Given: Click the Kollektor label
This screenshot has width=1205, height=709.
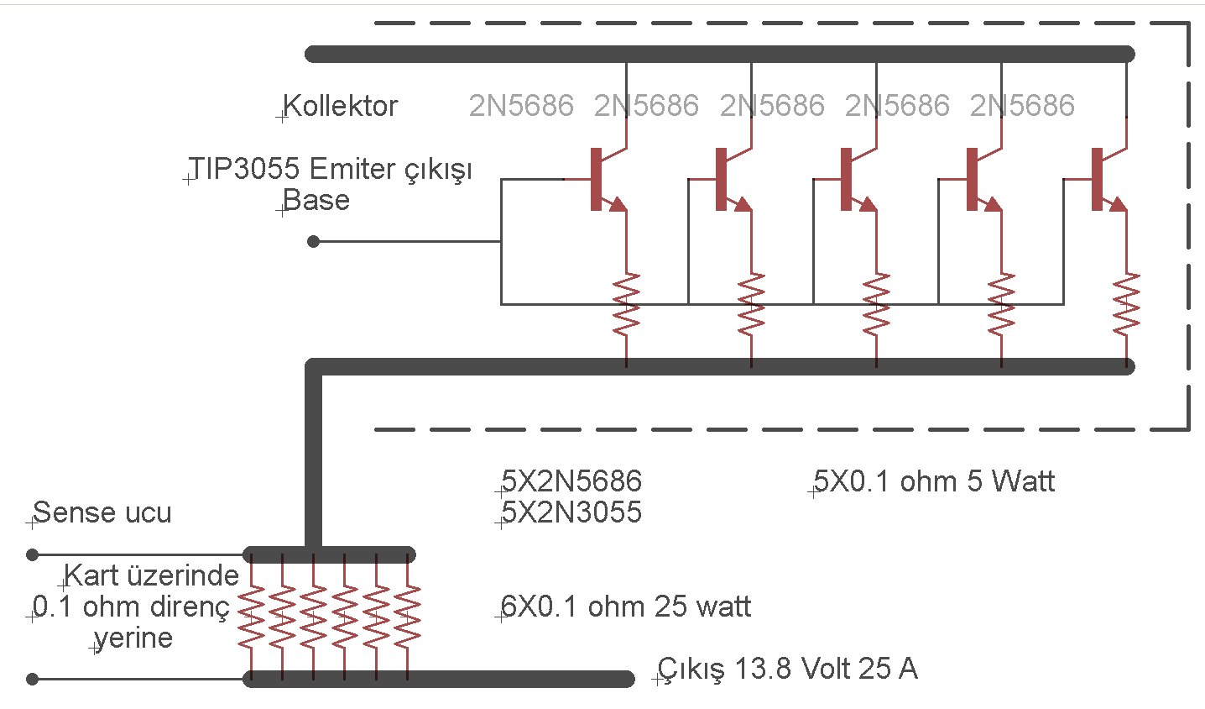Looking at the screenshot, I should [x=340, y=107].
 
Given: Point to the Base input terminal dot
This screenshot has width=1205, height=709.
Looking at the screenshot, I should [x=314, y=242].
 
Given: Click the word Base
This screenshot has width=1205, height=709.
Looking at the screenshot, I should [x=316, y=201].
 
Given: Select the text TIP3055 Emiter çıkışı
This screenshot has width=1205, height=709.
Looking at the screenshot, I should [x=330, y=169].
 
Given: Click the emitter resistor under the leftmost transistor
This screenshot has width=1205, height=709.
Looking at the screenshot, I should [x=626, y=304].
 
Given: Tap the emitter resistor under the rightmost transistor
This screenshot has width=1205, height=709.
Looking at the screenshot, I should [x=1126, y=304].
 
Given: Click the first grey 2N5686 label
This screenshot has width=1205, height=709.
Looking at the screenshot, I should [x=521, y=106].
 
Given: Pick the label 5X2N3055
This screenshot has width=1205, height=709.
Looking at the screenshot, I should [x=571, y=512].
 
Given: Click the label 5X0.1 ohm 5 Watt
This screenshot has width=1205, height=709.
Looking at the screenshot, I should [x=934, y=481].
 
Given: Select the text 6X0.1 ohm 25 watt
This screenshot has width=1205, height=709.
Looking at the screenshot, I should [x=626, y=607].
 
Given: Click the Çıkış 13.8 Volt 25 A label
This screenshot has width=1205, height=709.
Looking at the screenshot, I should [x=787, y=670].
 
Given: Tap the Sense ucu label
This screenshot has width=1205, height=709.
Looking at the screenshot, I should [x=102, y=512].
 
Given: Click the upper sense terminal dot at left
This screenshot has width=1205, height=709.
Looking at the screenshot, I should [x=33, y=554].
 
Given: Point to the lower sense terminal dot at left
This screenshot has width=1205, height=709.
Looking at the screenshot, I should [x=33, y=679].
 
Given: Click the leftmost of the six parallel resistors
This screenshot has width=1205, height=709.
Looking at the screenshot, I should [x=251, y=617].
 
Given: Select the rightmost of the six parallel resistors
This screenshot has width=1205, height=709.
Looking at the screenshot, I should [x=407, y=617].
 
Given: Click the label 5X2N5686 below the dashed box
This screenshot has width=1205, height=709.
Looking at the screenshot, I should [x=571, y=481].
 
